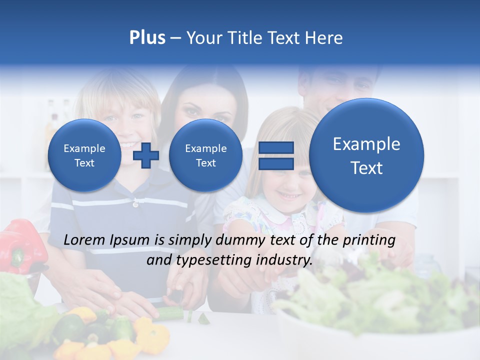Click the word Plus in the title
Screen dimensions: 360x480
(147, 38)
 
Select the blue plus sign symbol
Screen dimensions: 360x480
(146, 155)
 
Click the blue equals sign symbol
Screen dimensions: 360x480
(276, 155)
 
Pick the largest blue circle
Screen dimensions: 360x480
(366, 155)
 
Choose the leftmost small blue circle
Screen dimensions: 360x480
(84, 155)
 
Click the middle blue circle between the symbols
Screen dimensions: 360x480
(205, 155)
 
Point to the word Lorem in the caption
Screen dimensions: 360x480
(84, 240)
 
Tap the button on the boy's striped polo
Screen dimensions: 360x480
(135, 204)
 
